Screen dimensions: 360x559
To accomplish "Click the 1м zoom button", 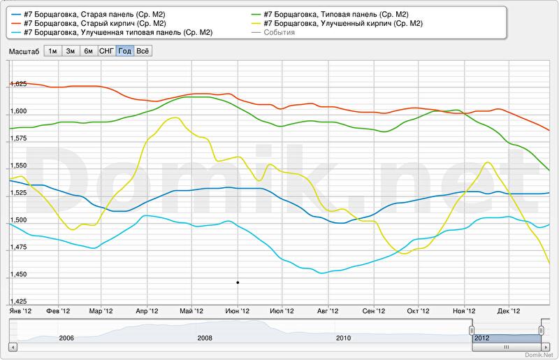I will [x=52, y=51].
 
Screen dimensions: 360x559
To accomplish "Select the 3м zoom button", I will [x=71, y=51].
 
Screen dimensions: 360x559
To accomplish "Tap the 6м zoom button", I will [x=88, y=51].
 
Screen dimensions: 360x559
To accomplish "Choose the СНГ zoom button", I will [x=107, y=51].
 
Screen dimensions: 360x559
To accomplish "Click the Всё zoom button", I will [x=143, y=51].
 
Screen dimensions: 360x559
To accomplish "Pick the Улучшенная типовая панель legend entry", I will [x=117, y=33].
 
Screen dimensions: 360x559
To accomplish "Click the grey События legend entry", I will [x=279, y=33].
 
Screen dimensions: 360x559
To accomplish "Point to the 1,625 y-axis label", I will [x=18, y=84].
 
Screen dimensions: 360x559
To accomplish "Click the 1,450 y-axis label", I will [x=18, y=275].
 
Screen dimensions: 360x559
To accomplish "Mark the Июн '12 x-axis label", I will [x=237, y=310].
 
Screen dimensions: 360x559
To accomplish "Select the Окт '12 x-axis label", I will [x=418, y=310].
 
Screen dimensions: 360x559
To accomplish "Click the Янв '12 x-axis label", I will [x=20, y=310].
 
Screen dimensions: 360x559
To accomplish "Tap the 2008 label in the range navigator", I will [x=205, y=338].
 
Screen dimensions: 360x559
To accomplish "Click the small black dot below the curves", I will [x=238, y=282].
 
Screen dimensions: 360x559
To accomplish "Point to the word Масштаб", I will [x=24, y=51].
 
